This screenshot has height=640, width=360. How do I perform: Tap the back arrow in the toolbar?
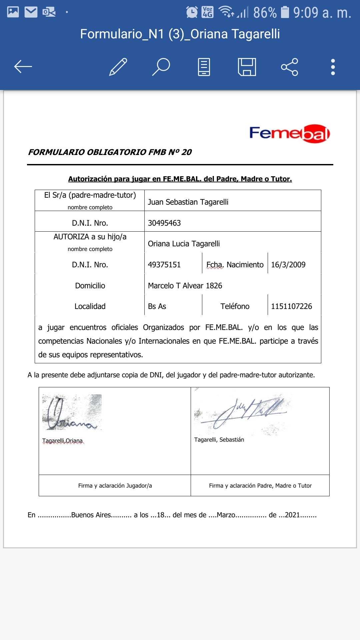pyautogui.click(x=23, y=67)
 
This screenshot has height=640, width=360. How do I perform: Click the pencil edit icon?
pyautogui.click(x=118, y=67)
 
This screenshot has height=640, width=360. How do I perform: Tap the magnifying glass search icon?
pyautogui.click(x=161, y=67)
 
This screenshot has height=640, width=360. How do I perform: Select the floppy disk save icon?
pyautogui.click(x=247, y=67)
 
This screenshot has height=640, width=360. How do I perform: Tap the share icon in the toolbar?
pyautogui.click(x=289, y=67)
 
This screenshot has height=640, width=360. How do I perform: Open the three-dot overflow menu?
pyautogui.click(x=333, y=67)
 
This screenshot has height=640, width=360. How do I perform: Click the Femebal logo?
pyautogui.click(x=289, y=134)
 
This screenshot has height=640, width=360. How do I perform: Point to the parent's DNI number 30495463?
pyautogui.click(x=164, y=223)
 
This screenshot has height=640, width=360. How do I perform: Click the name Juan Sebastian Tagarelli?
pyautogui.click(x=188, y=202)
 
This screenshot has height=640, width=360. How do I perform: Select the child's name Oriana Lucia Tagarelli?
pyautogui.click(x=184, y=244)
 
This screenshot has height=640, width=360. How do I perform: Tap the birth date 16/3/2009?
pyautogui.click(x=288, y=265)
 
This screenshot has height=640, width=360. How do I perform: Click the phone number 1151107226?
pyautogui.click(x=291, y=306)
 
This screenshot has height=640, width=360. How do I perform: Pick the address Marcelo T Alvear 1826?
pyautogui.click(x=185, y=286)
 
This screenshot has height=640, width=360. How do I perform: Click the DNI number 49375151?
pyautogui.click(x=164, y=265)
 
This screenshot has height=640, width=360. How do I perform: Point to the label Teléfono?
pyautogui.click(x=235, y=306)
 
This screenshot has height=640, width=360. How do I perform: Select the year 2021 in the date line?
pyautogui.click(x=292, y=515)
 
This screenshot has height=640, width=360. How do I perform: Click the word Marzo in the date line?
pyautogui.click(x=226, y=515)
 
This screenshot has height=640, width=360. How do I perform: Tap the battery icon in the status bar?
pyautogui.click(x=285, y=12)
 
